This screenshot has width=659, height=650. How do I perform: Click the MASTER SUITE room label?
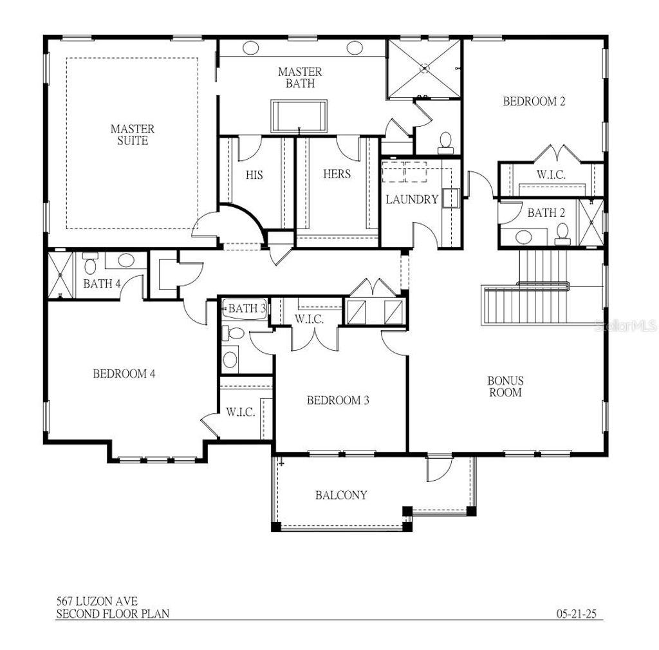pos(132,135)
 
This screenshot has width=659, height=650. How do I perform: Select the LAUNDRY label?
pos(412,200)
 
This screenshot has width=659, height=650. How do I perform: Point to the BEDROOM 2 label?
pos(534,101)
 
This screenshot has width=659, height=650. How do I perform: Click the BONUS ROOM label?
pos(505,386)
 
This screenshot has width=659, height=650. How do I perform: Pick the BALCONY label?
pos(341,495)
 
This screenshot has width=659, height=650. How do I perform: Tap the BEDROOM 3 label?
pos(338,400)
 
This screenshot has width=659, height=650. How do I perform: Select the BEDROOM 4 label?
pos(125,373)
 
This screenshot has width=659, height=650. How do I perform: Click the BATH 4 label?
pos(102,283)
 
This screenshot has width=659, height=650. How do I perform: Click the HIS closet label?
pos(254,174)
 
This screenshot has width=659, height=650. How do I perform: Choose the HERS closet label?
pos(337,174)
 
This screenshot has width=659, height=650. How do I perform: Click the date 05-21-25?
pos(577,613)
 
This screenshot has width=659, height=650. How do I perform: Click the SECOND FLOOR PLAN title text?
pos(113,613)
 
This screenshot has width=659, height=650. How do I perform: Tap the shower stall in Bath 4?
pos(60,275)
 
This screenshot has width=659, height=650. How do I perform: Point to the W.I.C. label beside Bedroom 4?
pos(241,412)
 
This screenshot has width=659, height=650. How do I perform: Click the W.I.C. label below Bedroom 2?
pos(552,174)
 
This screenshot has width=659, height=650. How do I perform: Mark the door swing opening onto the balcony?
pos(438,470)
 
